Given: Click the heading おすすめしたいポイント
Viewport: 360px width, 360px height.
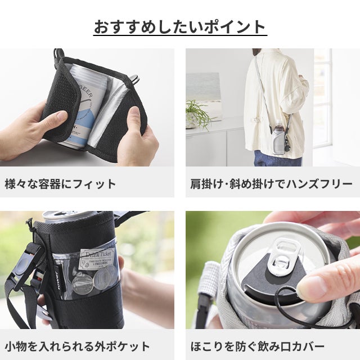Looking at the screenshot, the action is point(180,27).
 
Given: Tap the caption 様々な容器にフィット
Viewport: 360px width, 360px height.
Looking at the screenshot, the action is point(60,184).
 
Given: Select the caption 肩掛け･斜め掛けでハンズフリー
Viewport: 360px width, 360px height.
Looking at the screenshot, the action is point(271,184).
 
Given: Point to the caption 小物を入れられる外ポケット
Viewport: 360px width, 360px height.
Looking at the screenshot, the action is point(77,346).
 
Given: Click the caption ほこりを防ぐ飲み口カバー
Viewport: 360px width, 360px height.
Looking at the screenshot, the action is point(258,346).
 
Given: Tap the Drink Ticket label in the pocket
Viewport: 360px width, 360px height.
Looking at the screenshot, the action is point(97,258).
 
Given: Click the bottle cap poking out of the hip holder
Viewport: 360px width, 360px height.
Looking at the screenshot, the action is point(278,123).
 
